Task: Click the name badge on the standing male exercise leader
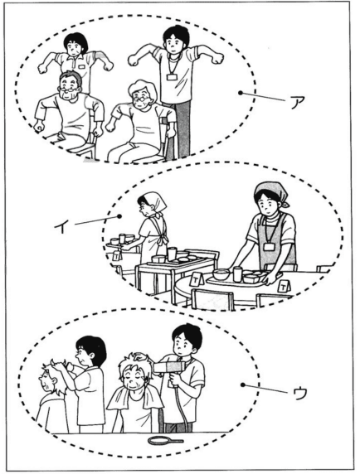pos(172,76)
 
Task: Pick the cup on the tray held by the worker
pos(237,273)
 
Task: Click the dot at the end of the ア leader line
pos(241,94)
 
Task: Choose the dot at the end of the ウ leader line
pos(241,384)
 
